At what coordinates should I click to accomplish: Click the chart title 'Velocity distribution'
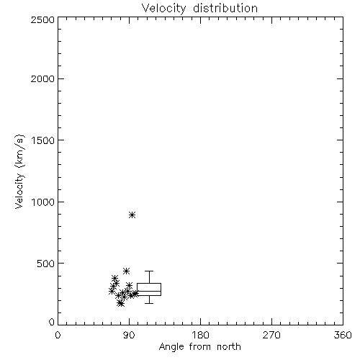(x=199, y=9)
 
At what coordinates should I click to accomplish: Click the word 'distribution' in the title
(x=225, y=8)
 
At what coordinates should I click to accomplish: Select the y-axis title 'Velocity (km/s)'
(x=19, y=171)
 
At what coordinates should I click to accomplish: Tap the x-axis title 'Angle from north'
(x=199, y=347)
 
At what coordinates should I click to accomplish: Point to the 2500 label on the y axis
(x=42, y=19)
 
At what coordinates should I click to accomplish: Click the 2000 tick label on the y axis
(x=42, y=78)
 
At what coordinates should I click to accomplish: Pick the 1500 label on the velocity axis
(x=43, y=140)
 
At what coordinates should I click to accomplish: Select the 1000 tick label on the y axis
(x=43, y=202)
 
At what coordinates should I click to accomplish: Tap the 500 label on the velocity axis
(x=45, y=264)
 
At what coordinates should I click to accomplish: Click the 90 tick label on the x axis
(x=129, y=335)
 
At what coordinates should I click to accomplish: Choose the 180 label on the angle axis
(x=200, y=335)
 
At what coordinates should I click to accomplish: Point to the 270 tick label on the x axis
(x=271, y=335)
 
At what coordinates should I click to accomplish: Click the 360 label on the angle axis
(x=343, y=335)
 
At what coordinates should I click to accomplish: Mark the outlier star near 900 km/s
(x=132, y=215)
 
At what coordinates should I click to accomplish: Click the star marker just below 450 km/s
(x=126, y=271)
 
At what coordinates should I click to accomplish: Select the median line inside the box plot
(x=149, y=291)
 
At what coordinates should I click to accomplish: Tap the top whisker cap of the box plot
(x=149, y=271)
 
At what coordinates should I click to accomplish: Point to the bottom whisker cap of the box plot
(x=149, y=303)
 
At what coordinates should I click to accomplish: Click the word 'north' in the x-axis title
(x=229, y=347)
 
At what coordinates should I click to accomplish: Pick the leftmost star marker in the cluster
(x=112, y=291)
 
